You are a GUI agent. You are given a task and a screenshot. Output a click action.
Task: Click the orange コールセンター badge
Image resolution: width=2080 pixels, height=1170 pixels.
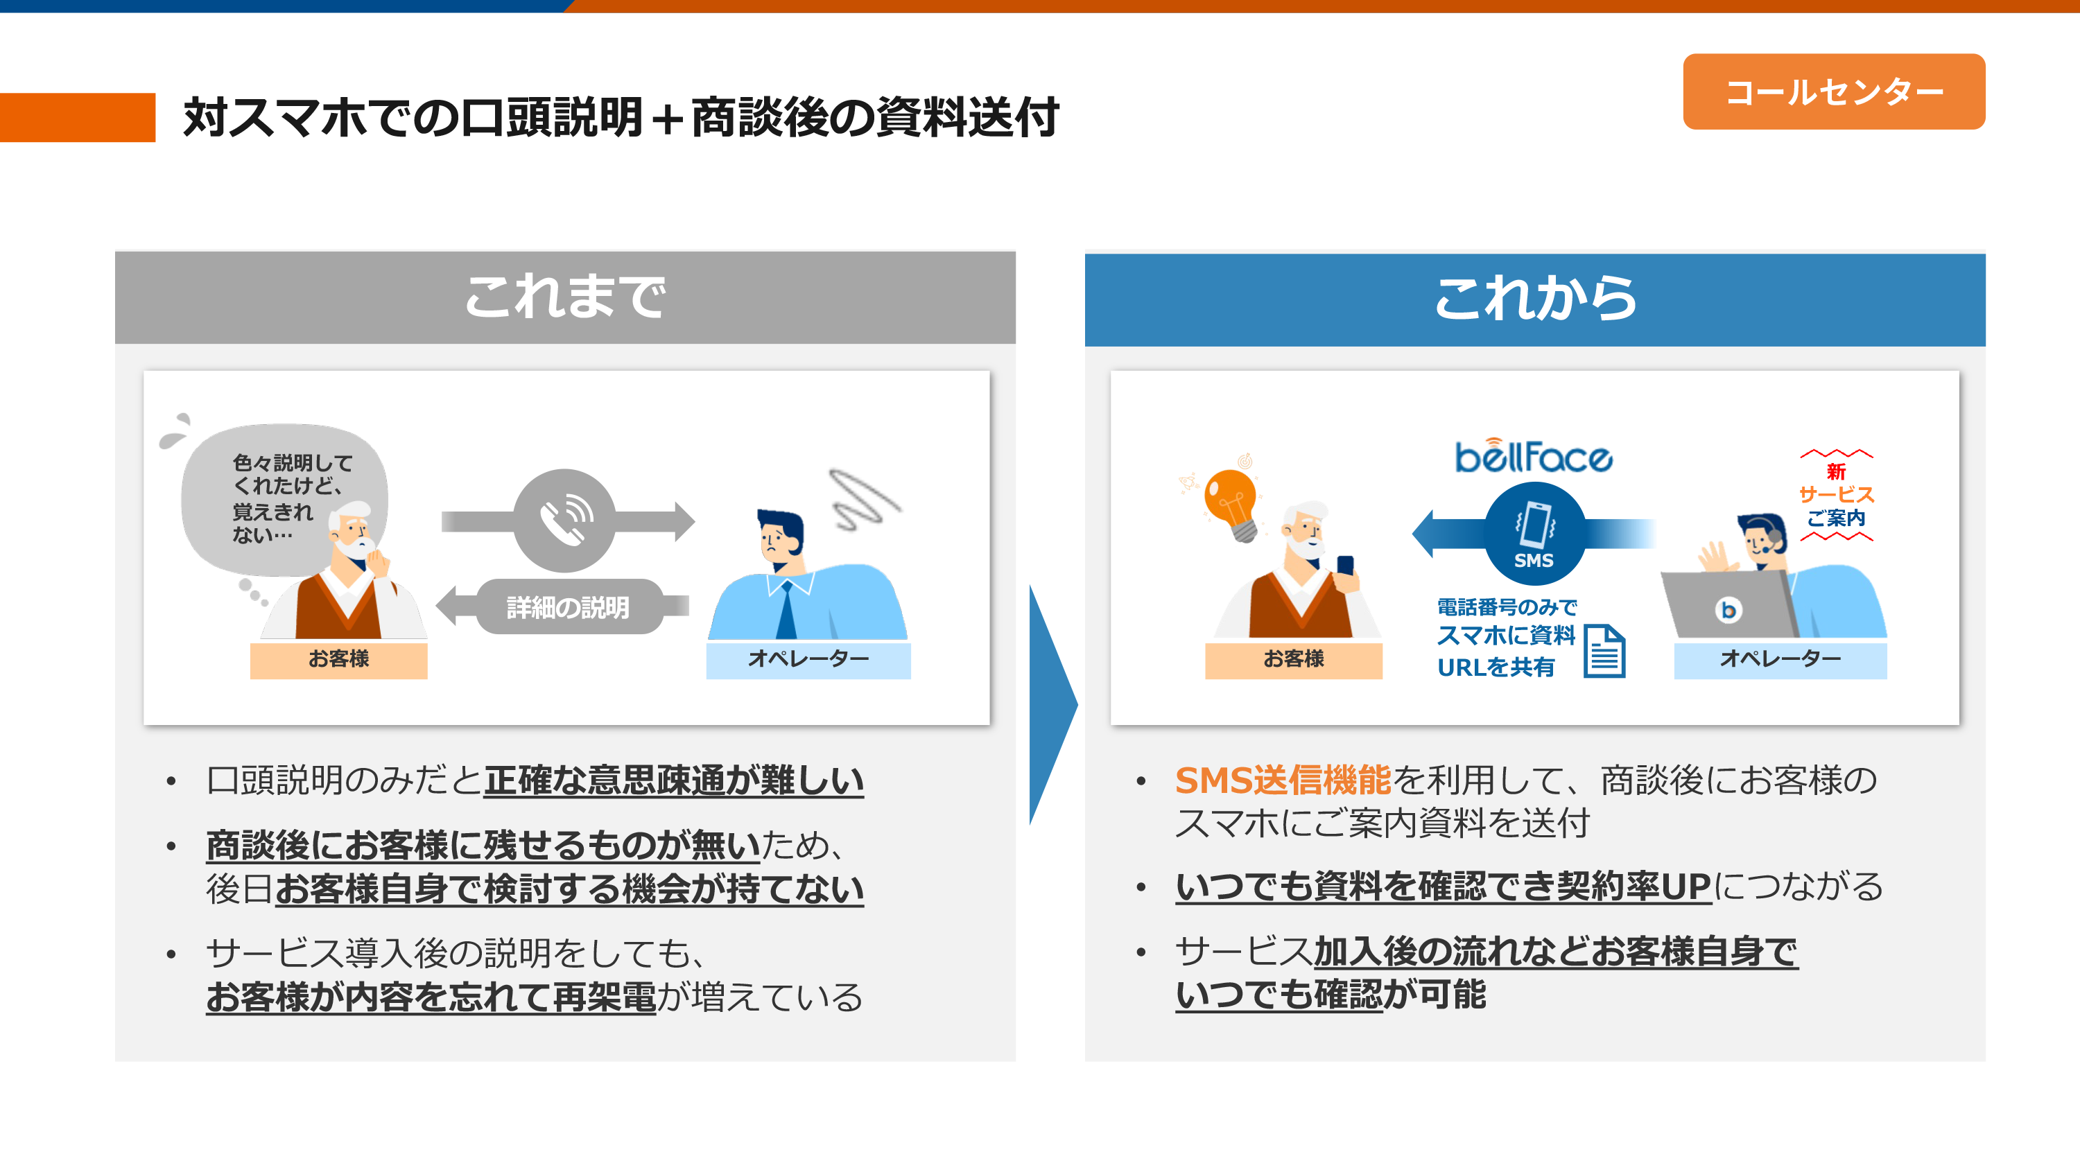click(x=1834, y=92)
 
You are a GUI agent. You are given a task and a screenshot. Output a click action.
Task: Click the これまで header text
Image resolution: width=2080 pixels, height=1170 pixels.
click(x=565, y=297)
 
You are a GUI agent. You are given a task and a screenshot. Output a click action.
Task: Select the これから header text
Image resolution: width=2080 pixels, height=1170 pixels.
click(x=1535, y=299)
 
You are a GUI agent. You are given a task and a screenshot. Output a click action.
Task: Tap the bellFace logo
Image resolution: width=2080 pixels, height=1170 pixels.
click(x=1534, y=455)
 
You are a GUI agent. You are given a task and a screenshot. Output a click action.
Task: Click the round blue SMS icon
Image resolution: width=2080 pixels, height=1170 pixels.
click(x=1534, y=534)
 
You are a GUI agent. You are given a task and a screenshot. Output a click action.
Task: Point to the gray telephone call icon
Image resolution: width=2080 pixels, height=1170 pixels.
click(x=564, y=521)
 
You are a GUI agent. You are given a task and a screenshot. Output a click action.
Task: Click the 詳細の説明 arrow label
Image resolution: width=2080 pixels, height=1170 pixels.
click(x=568, y=607)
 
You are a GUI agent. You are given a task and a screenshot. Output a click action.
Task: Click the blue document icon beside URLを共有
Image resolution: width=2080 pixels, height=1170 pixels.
click(x=1604, y=651)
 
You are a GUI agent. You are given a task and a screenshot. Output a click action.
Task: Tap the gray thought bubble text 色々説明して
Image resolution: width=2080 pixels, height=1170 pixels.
click(x=293, y=463)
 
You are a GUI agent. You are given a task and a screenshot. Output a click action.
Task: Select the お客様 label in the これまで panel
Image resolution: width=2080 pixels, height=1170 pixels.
click(x=338, y=659)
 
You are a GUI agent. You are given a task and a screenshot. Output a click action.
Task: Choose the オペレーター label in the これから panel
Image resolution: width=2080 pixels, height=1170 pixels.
click(x=1780, y=659)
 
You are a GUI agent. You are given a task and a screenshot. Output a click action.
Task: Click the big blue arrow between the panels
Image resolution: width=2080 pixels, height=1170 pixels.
click(x=1052, y=705)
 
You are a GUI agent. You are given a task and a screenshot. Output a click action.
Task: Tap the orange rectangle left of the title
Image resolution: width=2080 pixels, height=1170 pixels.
click(x=78, y=118)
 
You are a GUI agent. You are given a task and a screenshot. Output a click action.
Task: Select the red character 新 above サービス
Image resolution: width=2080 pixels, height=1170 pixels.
click(x=1836, y=471)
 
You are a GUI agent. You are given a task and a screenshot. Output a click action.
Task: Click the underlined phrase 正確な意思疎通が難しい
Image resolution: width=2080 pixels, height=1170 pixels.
click(x=674, y=780)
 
